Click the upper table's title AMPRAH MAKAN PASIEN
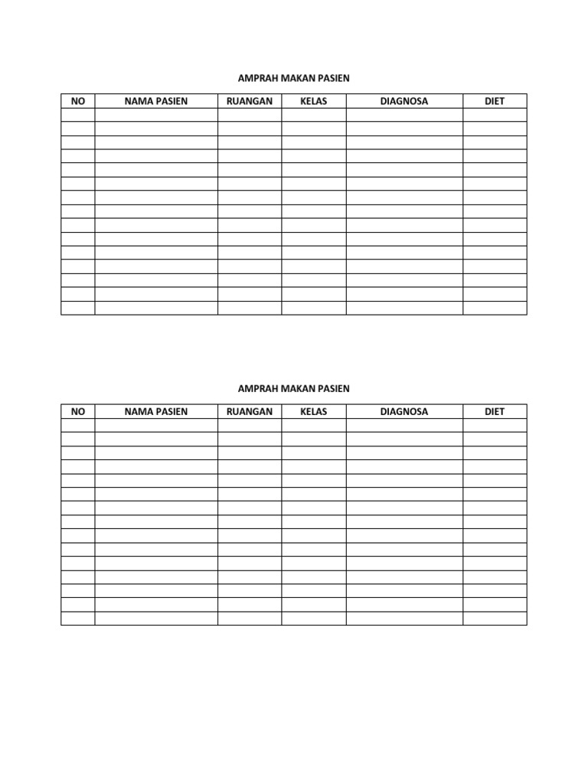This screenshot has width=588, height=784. point(294,78)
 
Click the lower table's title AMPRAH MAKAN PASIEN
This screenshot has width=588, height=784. point(294,388)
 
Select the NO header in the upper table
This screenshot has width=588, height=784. point(78,101)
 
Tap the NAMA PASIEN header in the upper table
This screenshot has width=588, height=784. point(156,101)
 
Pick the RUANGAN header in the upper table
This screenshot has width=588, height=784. point(250,101)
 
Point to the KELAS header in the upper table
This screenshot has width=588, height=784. point(314,101)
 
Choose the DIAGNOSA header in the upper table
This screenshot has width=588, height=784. point(404,101)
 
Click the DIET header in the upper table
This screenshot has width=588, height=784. point(495,101)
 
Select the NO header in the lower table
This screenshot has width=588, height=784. point(78,411)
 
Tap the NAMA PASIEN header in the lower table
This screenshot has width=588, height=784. point(156,411)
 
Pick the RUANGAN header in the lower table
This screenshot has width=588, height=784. point(250,411)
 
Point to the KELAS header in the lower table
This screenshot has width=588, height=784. point(314,411)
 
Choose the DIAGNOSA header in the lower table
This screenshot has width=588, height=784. point(404,411)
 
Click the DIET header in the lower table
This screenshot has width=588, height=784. point(495,411)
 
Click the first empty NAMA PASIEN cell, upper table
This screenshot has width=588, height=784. point(156,115)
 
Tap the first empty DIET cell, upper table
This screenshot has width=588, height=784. point(495,115)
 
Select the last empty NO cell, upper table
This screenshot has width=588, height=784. point(78,308)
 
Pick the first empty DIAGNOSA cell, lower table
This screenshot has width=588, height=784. point(404,425)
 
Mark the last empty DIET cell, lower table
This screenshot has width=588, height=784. point(495,618)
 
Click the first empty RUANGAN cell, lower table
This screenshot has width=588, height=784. point(250,425)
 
